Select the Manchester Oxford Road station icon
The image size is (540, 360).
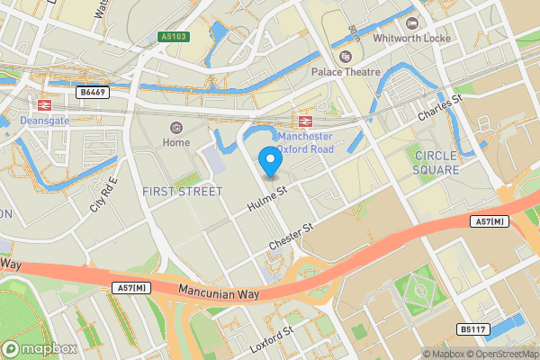pyautogui.click(x=305, y=121)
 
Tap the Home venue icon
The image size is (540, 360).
pyautogui.click(x=175, y=127)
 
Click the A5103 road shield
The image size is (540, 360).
pyautogui.click(x=175, y=37)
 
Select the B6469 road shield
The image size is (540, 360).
pyautogui.click(x=91, y=92)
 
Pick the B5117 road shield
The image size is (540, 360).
pyautogui.click(x=472, y=330)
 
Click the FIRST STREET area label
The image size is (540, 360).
pyautogui.click(x=182, y=192)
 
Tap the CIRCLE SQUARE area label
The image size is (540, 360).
pyautogui.click(x=436, y=162)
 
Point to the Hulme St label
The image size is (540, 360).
pyautogui.click(x=267, y=199)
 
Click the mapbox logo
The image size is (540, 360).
pyautogui.click(x=39, y=348)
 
